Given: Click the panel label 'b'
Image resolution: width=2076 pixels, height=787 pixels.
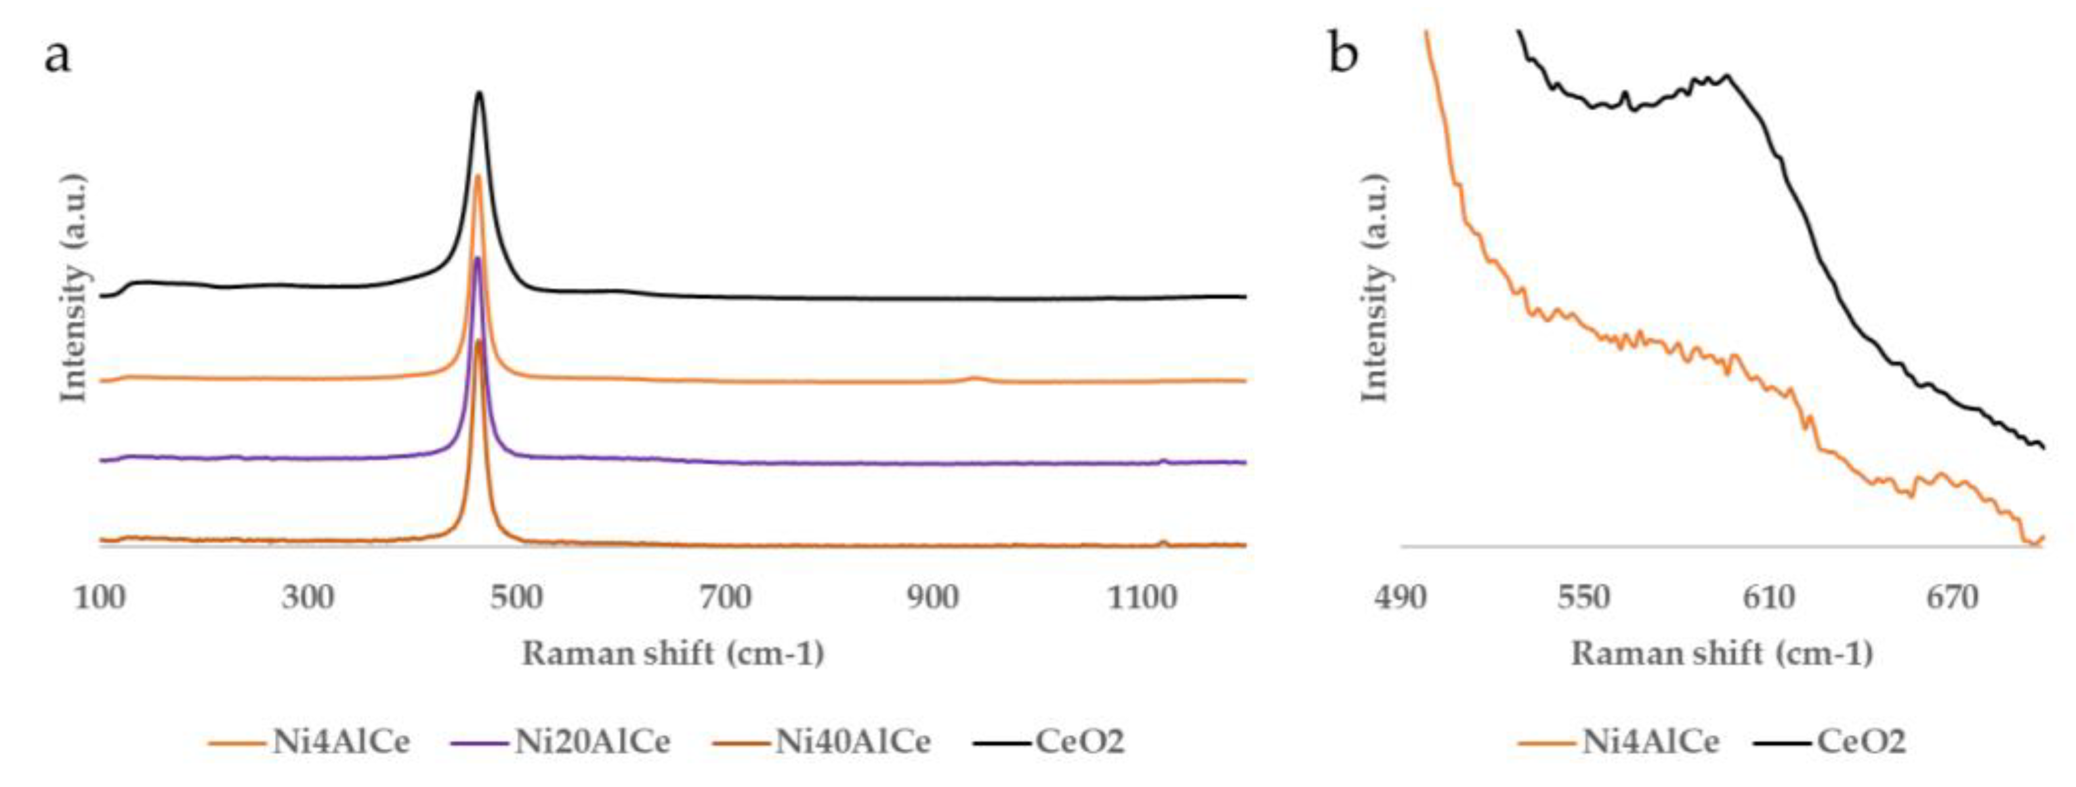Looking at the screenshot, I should pyautogui.click(x=1342, y=55).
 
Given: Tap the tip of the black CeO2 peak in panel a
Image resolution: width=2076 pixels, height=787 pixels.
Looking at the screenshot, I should pyautogui.click(x=480, y=93).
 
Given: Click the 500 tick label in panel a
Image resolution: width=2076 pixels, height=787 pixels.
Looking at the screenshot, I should pyautogui.click(x=516, y=597).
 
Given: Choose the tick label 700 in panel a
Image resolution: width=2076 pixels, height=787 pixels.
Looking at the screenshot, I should pyautogui.click(x=725, y=597).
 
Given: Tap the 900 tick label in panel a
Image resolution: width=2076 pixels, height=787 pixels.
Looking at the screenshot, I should pyautogui.click(x=933, y=597).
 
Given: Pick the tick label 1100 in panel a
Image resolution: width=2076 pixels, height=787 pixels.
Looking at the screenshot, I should pyautogui.click(x=1142, y=597).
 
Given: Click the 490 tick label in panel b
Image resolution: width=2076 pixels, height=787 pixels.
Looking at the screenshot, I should pyautogui.click(x=1400, y=597).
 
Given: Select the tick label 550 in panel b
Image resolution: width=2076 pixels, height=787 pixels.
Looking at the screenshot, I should pyautogui.click(x=1585, y=597).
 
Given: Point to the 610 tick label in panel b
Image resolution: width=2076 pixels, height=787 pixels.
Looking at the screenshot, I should pyautogui.click(x=1770, y=597).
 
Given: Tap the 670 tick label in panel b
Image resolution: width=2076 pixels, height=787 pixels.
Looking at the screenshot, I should pyautogui.click(x=1953, y=597).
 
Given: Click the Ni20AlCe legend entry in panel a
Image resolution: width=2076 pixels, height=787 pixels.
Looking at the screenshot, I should pyautogui.click(x=592, y=741).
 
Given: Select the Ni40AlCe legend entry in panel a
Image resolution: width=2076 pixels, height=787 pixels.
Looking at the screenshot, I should pyautogui.click(x=853, y=741).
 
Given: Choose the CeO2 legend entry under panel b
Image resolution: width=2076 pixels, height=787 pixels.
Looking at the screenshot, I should pyautogui.click(x=1861, y=741).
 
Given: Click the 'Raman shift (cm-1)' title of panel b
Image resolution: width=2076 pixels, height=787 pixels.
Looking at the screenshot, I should pyautogui.click(x=1722, y=653).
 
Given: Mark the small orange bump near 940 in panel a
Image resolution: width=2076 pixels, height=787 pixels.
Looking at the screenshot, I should pyautogui.click(x=974, y=377).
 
